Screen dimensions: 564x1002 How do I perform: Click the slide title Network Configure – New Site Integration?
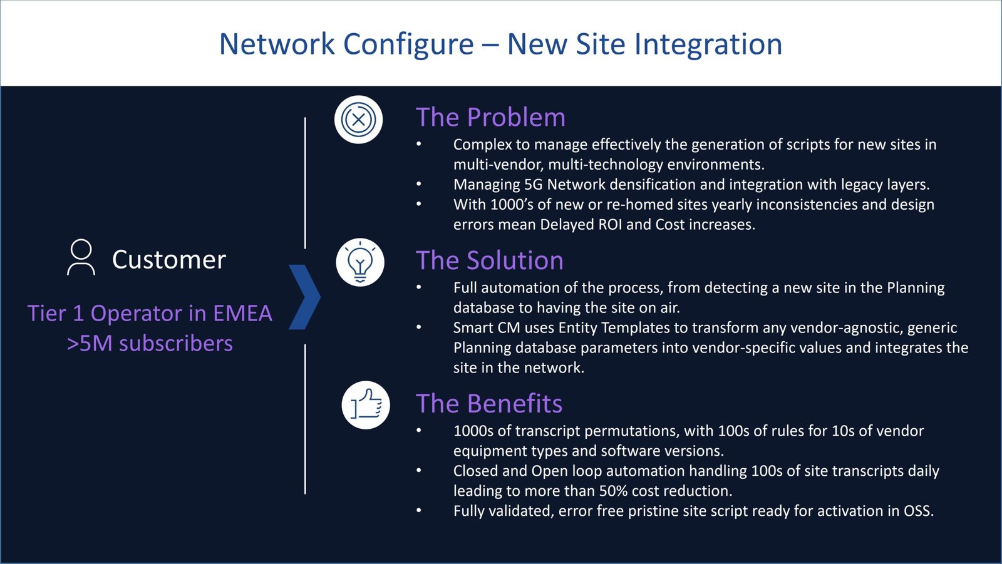(x=500, y=44)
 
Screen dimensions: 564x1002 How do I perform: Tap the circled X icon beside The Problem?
(x=358, y=120)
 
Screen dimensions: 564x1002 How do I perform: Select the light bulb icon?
(x=360, y=262)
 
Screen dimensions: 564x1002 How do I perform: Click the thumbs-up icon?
(x=366, y=405)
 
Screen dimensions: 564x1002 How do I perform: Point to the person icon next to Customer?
(x=81, y=257)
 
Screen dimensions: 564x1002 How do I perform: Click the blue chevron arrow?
(x=305, y=297)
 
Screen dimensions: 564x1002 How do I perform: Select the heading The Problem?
(x=490, y=117)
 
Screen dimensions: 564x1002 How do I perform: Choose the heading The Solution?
(x=490, y=260)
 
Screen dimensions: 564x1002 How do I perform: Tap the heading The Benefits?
(x=489, y=404)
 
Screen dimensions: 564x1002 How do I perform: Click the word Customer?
(x=168, y=260)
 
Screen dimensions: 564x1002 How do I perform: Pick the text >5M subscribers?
(x=150, y=343)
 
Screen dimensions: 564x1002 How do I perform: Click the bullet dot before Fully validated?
(x=419, y=511)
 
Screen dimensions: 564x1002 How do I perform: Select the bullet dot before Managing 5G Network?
(x=419, y=185)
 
